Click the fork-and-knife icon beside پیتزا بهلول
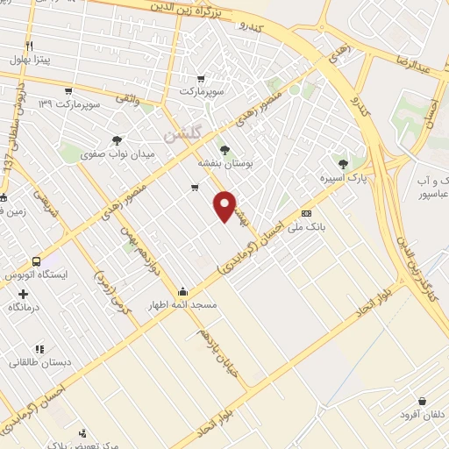click(29, 45)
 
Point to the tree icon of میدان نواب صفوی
click(118, 139)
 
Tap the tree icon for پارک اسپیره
click(343, 163)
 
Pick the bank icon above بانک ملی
click(307, 213)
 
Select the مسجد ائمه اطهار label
click(183, 305)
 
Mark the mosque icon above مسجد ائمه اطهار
click(182, 291)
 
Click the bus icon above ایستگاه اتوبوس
click(36, 261)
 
